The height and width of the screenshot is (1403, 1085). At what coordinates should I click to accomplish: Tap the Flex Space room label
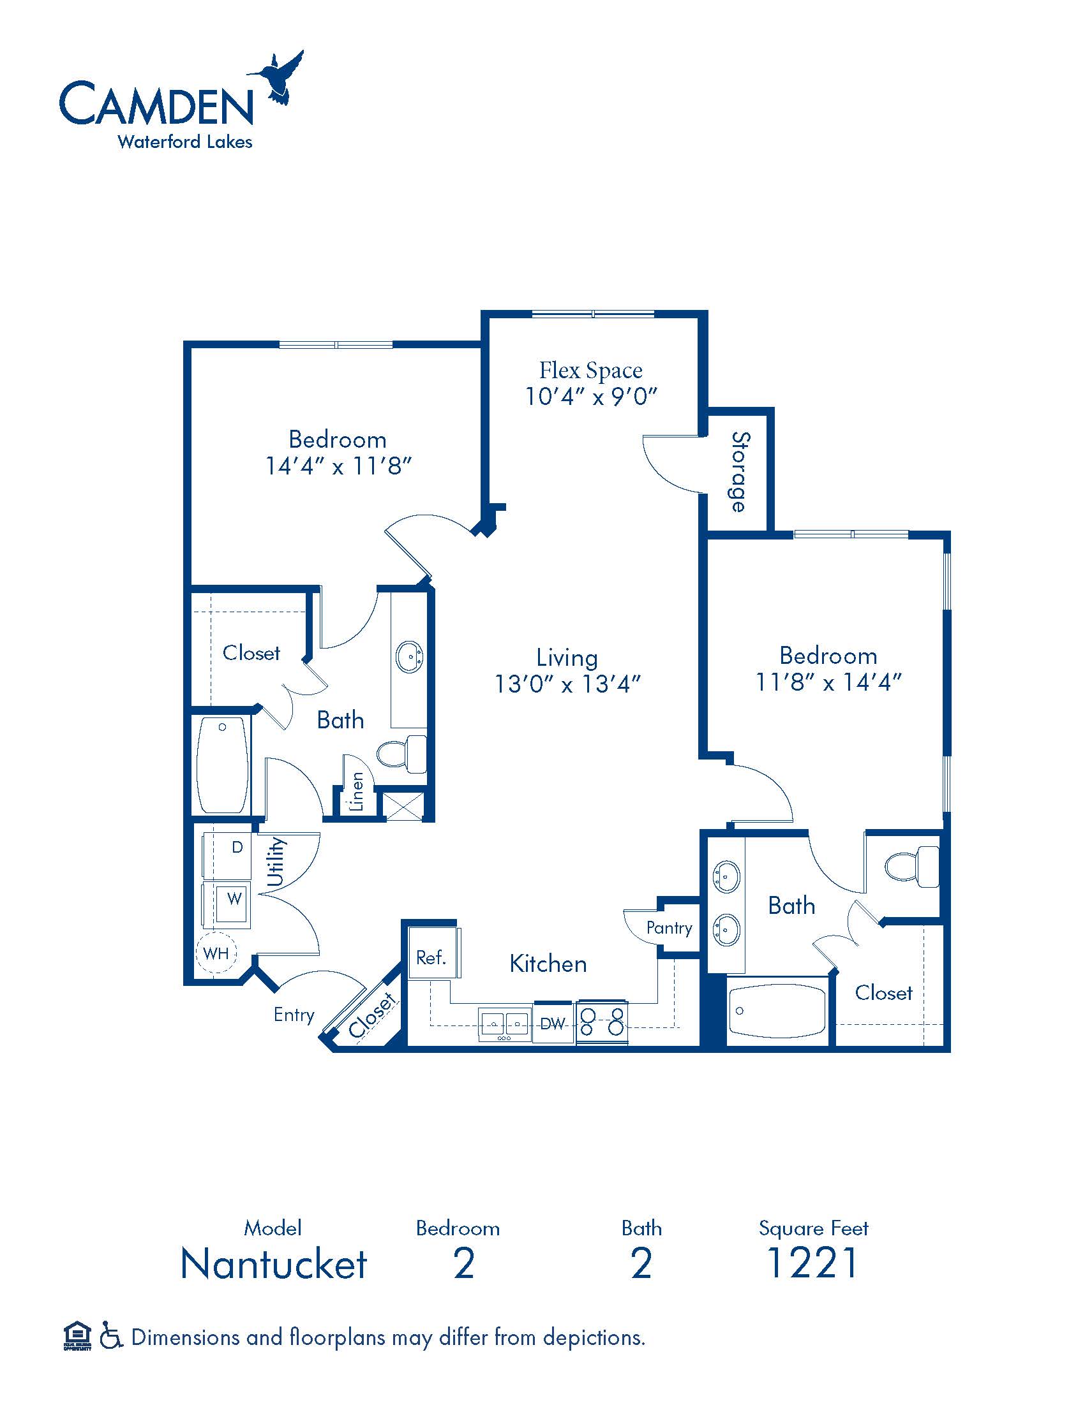click(x=591, y=370)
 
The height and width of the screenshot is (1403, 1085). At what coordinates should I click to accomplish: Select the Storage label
click(x=740, y=471)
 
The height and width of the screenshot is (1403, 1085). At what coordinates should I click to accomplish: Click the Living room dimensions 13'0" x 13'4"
click(x=567, y=684)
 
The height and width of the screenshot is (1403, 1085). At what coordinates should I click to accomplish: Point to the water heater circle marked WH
click(x=216, y=953)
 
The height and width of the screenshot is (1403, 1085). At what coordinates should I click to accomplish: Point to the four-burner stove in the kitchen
click(x=602, y=1022)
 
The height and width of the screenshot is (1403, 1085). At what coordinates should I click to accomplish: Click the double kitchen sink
click(x=505, y=1024)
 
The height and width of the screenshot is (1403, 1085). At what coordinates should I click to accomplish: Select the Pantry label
click(x=669, y=929)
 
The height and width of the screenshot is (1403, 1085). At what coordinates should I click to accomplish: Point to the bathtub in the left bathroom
click(x=222, y=765)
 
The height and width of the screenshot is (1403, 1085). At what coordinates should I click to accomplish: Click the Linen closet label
click(x=357, y=791)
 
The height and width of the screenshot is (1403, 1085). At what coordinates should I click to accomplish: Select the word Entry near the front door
click(x=294, y=1015)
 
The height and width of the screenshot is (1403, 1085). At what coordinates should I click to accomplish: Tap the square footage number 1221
click(x=812, y=1263)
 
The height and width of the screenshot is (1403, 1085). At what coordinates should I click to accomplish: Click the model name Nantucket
click(x=274, y=1263)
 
